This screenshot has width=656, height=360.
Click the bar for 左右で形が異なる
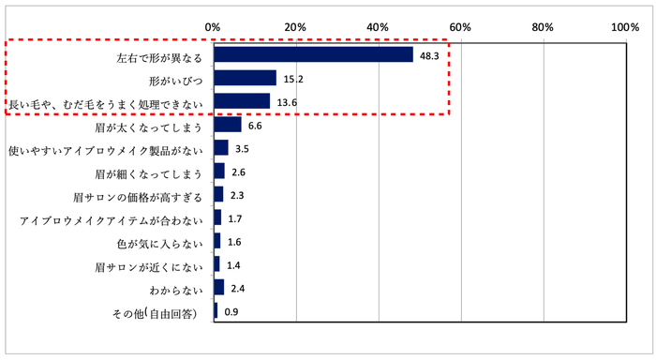(313, 54)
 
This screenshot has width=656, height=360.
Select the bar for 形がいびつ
(245, 78)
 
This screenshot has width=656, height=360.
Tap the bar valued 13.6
(242, 101)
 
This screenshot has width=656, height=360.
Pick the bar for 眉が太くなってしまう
(227, 125)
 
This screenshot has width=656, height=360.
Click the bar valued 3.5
(220, 148)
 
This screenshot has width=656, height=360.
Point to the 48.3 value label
(429, 55)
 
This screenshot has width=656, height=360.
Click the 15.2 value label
(293, 79)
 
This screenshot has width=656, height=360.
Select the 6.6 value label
(254, 126)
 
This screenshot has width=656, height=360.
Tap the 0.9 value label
(231, 312)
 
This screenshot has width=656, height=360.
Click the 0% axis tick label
(214, 27)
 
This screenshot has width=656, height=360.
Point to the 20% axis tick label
(296, 27)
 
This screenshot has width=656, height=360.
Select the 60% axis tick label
(461, 27)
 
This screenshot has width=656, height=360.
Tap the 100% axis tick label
(625, 27)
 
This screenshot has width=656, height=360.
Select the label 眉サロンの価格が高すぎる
(137, 195)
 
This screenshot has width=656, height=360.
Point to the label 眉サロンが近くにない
(149, 265)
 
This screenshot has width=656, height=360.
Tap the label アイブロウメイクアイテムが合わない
(111, 218)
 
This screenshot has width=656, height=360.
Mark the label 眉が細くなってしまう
(149, 172)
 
